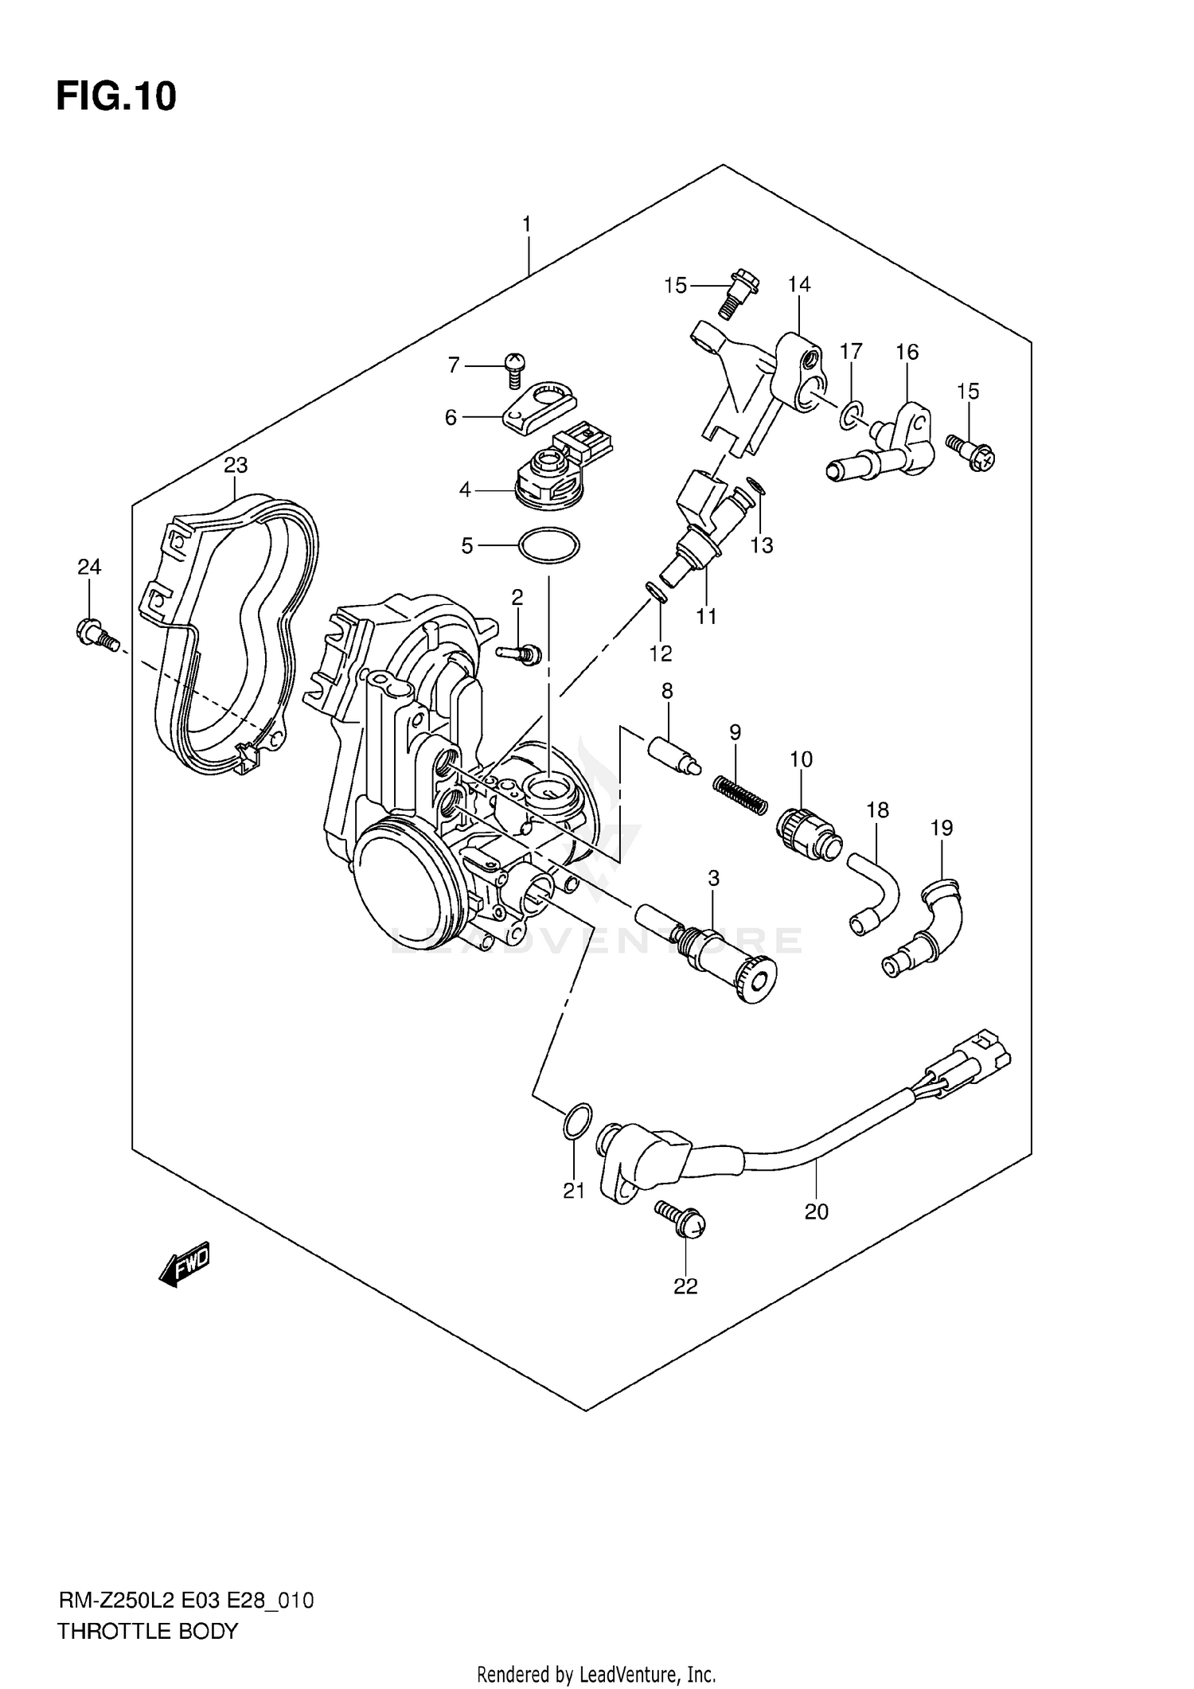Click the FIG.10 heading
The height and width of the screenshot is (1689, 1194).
coord(116,97)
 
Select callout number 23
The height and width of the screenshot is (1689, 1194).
coord(236,465)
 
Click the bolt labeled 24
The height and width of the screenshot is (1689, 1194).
coord(95,634)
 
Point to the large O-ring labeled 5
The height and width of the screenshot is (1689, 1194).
coord(548,546)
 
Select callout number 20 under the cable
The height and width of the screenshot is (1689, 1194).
coord(817,1211)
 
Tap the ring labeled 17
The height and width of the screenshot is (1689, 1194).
coord(850,414)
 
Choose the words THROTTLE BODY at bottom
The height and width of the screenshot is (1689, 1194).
coord(147,1631)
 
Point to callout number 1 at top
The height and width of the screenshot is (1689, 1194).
coord(526,225)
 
